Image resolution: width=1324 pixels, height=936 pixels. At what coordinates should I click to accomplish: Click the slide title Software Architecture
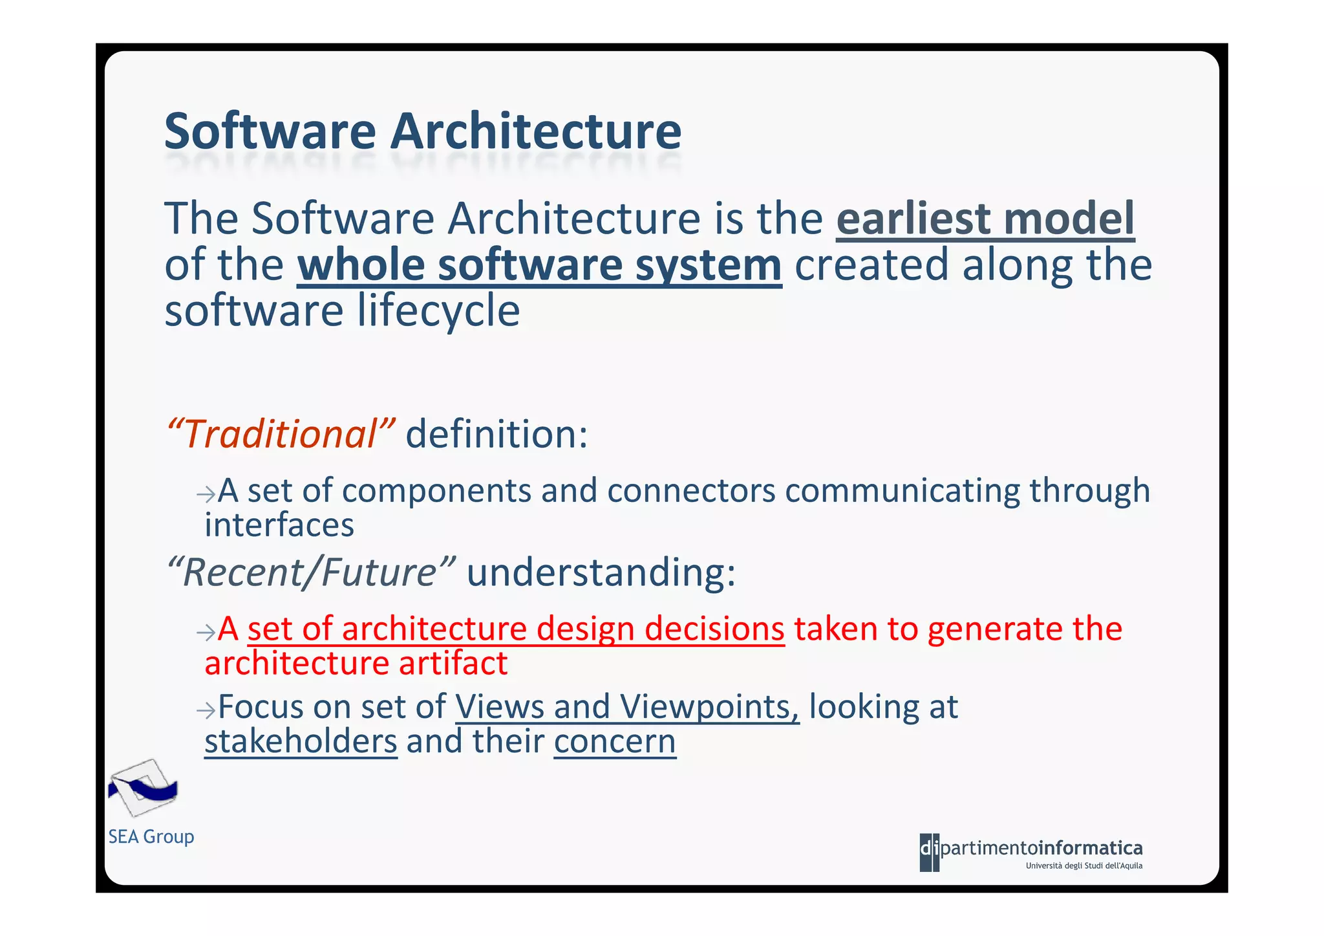pos(423,131)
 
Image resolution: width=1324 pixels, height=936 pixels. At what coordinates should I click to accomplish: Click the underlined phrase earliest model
pos(985,219)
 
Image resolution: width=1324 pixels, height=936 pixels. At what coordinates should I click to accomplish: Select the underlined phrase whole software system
pos(539,265)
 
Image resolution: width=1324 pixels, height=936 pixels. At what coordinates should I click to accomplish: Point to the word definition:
pos(496,434)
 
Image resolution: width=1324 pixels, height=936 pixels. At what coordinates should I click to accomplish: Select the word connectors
pos(690,490)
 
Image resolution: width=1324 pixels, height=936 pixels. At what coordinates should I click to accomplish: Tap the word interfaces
pos(279,525)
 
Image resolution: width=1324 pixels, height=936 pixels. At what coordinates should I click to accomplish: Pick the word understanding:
pos(601,572)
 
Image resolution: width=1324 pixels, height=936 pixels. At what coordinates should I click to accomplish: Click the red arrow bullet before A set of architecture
pos(206,633)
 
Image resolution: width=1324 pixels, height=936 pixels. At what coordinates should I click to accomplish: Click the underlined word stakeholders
pos(301,741)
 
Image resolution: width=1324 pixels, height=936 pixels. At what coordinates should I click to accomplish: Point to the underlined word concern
pos(614,741)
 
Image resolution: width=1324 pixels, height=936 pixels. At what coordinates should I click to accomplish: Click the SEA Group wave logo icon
pos(143,788)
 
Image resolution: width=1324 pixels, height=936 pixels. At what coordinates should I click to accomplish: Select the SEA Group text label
pos(151,837)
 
